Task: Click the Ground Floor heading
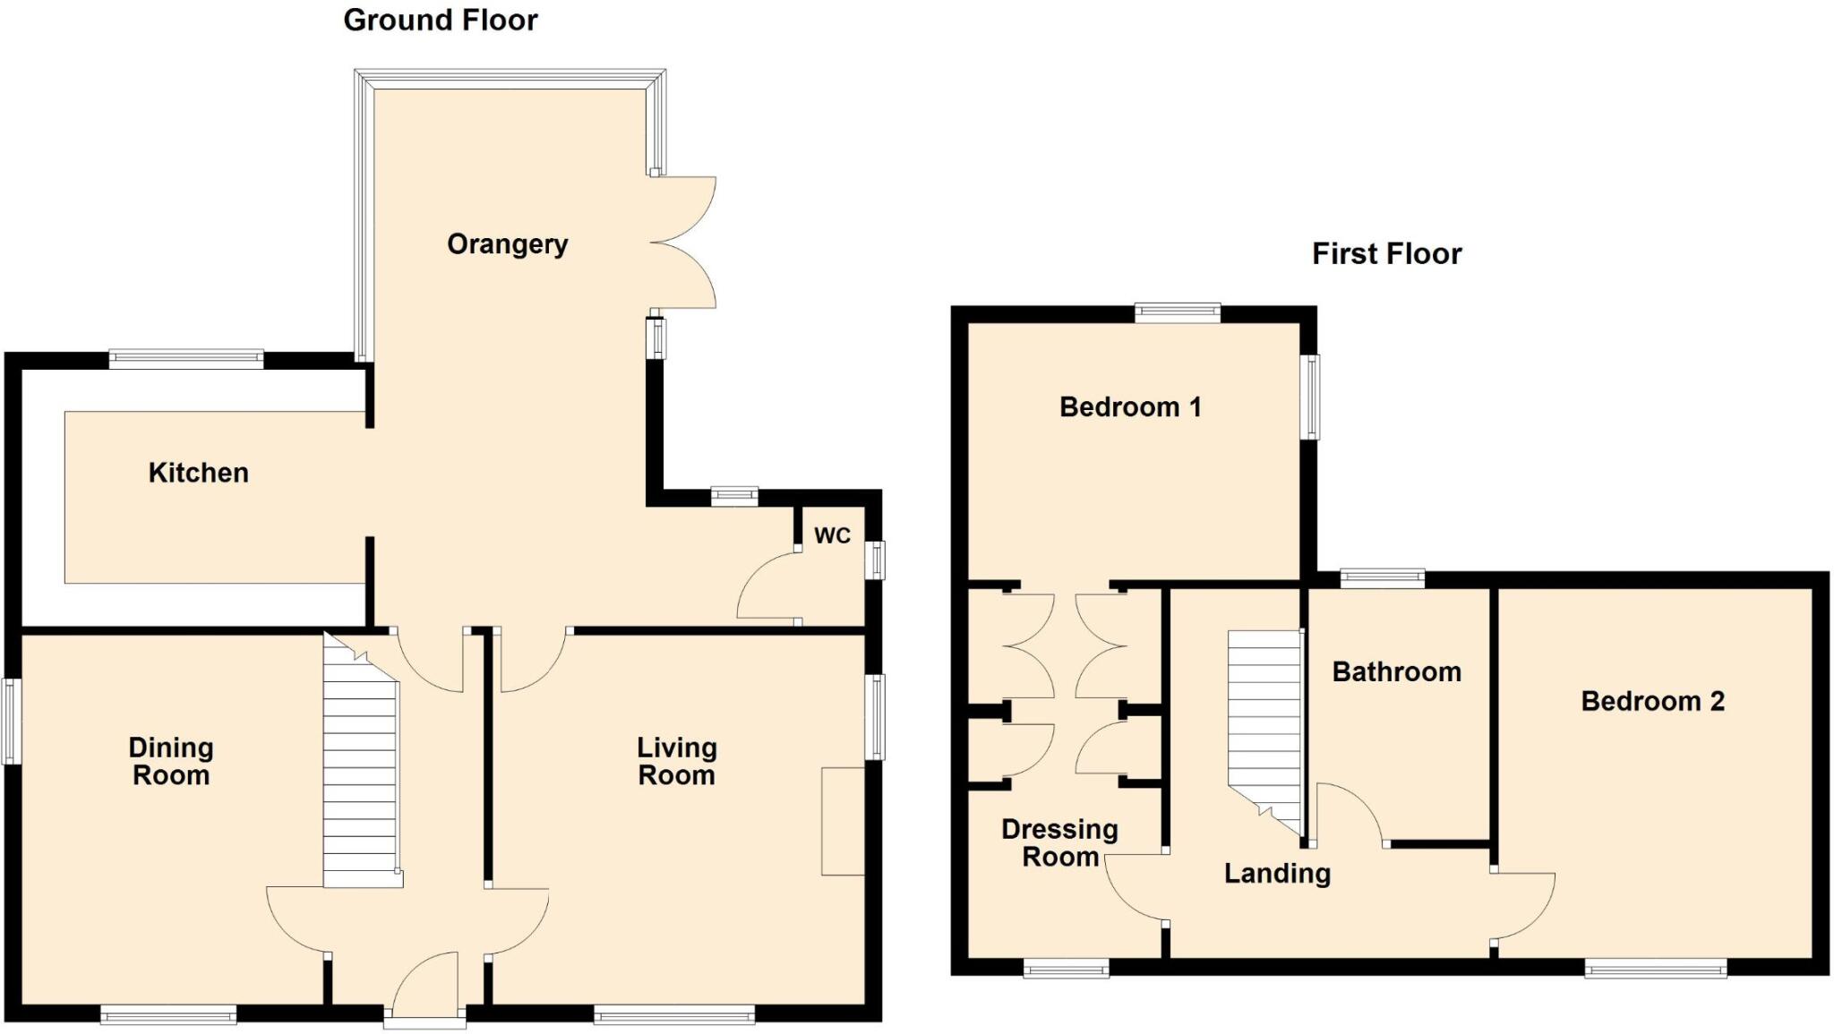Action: tap(440, 21)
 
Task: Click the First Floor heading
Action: tap(1385, 254)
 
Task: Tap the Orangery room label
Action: tap(507, 244)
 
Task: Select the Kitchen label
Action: tap(198, 473)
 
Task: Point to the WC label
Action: tap(832, 535)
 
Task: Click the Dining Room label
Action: tap(171, 761)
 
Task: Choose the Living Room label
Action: tap(676, 761)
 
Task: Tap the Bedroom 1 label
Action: tap(1129, 407)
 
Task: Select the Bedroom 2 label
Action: tap(1652, 701)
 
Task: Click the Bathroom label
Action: tap(1396, 672)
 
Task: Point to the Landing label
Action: tap(1277, 874)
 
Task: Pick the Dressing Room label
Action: tap(1059, 843)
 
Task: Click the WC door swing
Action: tap(767, 586)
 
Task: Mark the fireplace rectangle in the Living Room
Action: tap(843, 820)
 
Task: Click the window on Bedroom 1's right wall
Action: tap(1310, 397)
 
